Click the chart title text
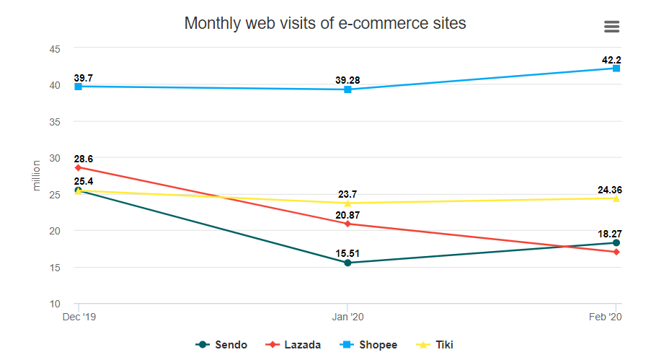[325, 23]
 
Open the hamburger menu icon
[611, 27]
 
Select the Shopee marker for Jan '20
[347, 89]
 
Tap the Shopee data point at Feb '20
[616, 68]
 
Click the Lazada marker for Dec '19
[78, 167]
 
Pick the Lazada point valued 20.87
[347, 224]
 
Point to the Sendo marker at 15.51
[347, 263]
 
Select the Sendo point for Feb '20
[616, 242]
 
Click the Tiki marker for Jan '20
[347, 203]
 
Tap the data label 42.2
[611, 60]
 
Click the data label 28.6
[83, 159]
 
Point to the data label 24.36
[610, 190]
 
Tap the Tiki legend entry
[436, 345]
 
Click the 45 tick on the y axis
[54, 48]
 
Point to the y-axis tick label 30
[54, 158]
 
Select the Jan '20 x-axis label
[347, 316]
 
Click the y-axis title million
[37, 175]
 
